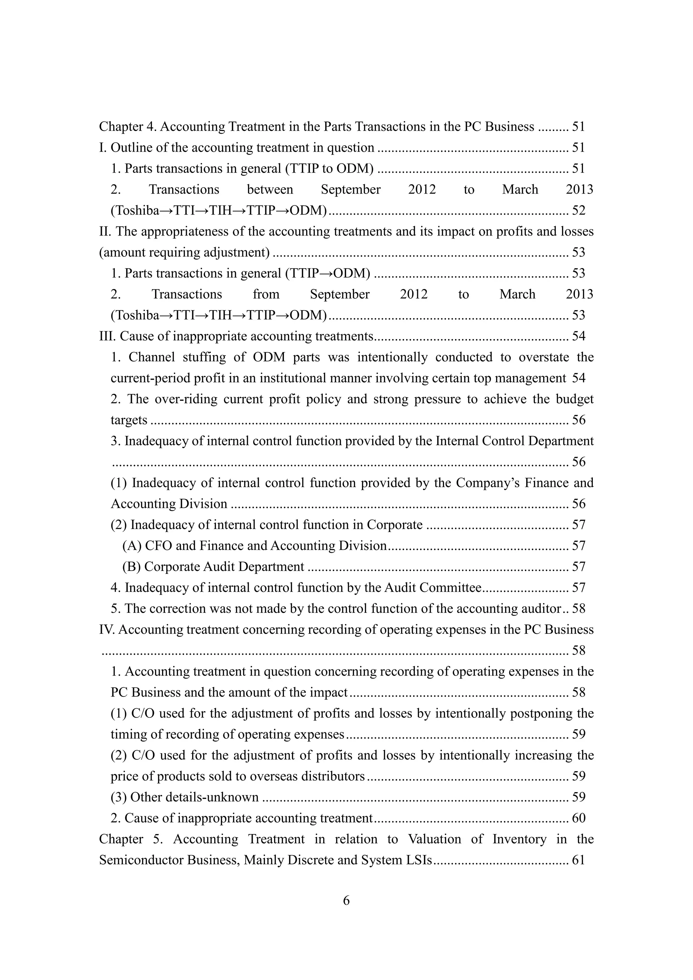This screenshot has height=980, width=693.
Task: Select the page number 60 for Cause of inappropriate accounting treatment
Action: [578, 818]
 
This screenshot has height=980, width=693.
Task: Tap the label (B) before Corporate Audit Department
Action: [131, 566]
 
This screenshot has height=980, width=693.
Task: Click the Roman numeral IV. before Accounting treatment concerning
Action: [107, 629]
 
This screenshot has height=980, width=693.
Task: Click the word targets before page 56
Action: [129, 420]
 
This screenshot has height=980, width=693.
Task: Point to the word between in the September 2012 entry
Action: [270, 189]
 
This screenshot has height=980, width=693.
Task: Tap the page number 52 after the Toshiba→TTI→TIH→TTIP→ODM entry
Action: [578, 210]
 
